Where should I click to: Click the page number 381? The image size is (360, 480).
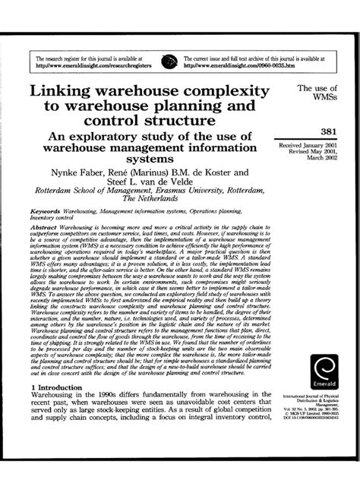[317, 131]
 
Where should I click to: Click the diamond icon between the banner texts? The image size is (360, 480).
[176, 61]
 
